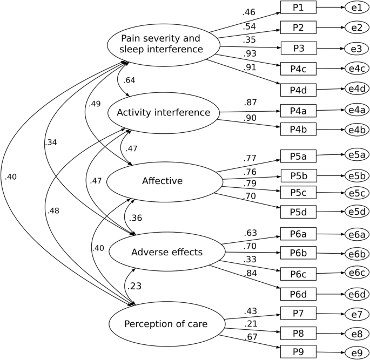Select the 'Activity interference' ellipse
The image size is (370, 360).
tap(163, 113)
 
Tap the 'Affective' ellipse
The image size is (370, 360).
tap(162, 181)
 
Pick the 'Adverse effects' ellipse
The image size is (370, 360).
tap(167, 252)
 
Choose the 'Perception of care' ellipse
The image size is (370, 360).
tap(166, 324)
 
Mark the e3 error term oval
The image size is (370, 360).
tap(356, 49)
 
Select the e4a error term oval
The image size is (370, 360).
tap(356, 110)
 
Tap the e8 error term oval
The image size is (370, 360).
tap(356, 333)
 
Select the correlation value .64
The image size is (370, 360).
tap(129, 81)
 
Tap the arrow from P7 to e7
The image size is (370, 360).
tap(331, 313)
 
